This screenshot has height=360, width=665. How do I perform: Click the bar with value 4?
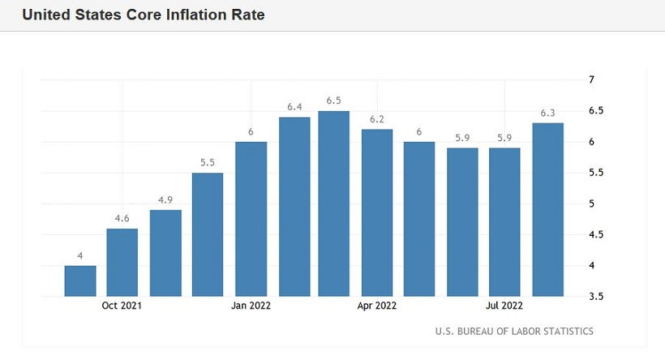coord(80,281)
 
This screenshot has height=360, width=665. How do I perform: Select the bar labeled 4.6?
coord(122,262)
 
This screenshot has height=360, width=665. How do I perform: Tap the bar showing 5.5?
coord(208,234)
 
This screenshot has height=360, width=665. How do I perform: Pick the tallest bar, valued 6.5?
coord(333,204)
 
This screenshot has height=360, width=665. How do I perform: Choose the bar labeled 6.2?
coord(376,212)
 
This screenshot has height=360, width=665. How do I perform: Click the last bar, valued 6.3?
coord(547,209)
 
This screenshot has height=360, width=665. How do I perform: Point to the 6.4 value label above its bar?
coord(294,106)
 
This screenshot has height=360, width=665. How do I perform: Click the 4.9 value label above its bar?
coord(165,199)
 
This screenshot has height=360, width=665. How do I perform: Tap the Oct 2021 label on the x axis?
coord(122,306)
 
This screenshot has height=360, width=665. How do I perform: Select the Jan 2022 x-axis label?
coord(251,306)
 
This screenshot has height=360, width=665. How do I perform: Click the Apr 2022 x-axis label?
coord(376,306)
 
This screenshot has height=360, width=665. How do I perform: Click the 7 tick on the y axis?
coord(591,79)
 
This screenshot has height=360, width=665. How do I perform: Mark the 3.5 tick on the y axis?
coord(594,297)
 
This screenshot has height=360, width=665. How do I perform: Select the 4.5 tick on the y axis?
coord(594,235)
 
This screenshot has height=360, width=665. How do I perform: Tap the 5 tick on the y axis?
coord(591,204)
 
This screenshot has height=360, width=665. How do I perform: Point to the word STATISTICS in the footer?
coord(564,331)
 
